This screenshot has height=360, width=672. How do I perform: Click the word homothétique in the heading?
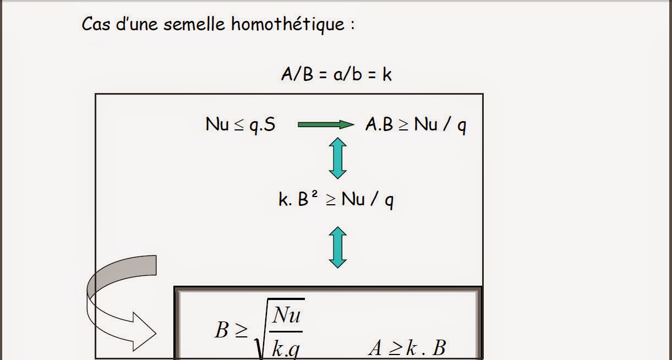click(x=288, y=24)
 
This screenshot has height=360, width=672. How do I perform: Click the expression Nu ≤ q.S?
click(x=241, y=125)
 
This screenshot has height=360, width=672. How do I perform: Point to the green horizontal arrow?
click(x=326, y=125)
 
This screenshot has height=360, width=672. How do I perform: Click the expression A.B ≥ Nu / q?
click(x=416, y=125)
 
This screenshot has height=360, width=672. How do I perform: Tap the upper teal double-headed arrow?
click(x=337, y=158)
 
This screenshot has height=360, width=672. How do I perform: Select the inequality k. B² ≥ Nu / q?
click(x=336, y=199)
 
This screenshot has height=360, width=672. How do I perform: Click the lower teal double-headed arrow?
click(x=337, y=248)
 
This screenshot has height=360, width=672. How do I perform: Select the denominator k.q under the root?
click(x=286, y=348)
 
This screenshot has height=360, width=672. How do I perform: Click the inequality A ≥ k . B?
click(x=407, y=348)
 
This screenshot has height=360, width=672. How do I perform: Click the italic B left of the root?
click(x=222, y=330)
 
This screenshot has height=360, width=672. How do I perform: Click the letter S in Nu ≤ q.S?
click(x=270, y=125)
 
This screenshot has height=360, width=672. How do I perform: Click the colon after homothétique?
click(x=352, y=25)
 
